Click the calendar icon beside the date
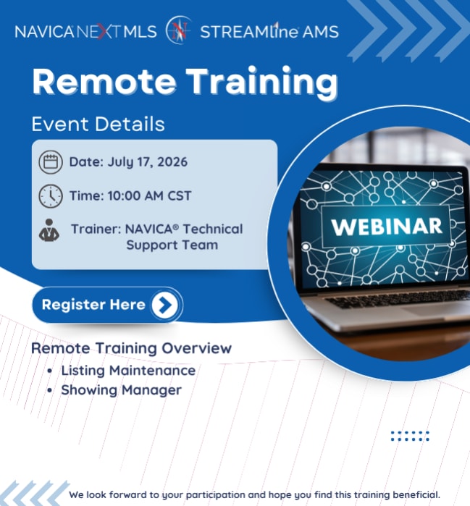pos(51,161)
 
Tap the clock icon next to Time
pos(51,196)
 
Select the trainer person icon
pos(49,230)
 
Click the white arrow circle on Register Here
pos(165,304)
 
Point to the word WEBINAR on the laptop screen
pos(387,227)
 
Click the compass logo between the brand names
pos(178,30)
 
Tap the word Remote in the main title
pos(104,81)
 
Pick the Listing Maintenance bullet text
pos(128,371)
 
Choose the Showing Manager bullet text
pos(122,390)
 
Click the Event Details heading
pos(98,124)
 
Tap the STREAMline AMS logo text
pos(269,31)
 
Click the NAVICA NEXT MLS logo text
pos(85,32)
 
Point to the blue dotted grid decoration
pos(410,436)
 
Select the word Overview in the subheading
pos(196,348)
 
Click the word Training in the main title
pos(262,83)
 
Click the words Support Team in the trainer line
pos(172,245)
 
